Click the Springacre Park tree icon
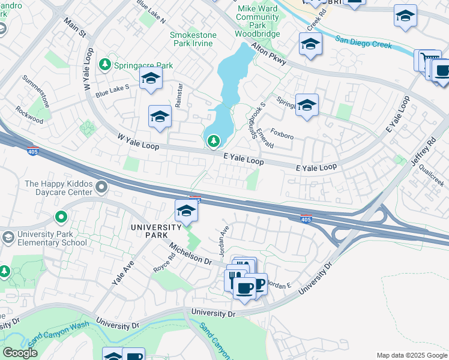(x=105, y=64)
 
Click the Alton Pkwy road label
(x=270, y=55)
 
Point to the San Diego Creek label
(x=363, y=42)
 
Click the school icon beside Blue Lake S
(x=151, y=78)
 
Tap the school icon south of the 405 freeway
(x=187, y=211)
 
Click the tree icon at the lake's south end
(x=212, y=141)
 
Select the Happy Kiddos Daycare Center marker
(x=101, y=188)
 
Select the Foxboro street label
(x=282, y=136)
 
